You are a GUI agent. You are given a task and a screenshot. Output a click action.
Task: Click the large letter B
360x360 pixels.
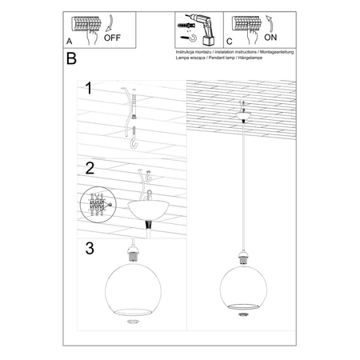(74, 59)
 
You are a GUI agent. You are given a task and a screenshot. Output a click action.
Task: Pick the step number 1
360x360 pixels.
(90, 90)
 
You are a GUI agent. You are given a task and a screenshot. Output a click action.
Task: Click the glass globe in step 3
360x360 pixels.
(133, 287)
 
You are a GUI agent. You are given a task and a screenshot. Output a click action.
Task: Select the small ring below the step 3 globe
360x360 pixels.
(133, 324)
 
